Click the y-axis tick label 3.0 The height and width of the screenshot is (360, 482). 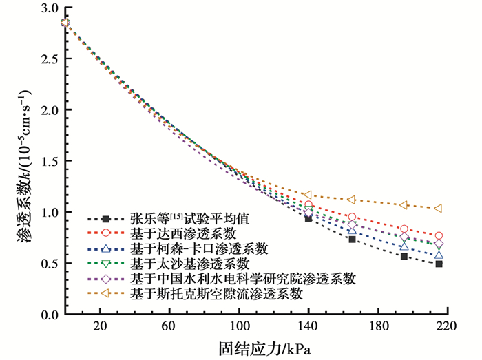click(50, 8)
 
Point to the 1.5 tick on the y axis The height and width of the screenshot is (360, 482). click(50, 161)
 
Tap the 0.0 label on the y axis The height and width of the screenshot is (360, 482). click(50, 315)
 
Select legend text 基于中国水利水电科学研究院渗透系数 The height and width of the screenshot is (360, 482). click(242, 279)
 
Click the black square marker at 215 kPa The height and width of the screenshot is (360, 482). click(438, 264)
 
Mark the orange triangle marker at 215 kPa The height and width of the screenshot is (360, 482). click(438, 208)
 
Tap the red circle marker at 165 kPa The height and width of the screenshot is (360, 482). click(352, 217)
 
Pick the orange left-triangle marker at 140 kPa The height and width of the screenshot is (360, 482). click(308, 195)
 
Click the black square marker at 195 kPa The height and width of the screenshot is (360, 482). click(404, 256)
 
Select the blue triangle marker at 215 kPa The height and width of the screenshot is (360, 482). click(438, 255)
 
